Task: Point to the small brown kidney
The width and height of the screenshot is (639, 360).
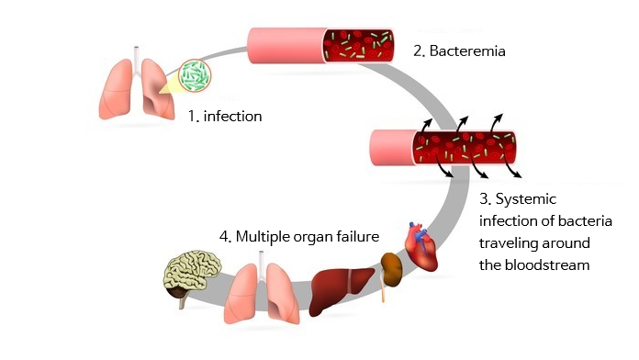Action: tap(392, 266)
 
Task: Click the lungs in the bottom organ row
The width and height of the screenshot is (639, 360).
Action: tap(265, 288)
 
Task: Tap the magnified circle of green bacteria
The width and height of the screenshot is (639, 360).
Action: tap(194, 76)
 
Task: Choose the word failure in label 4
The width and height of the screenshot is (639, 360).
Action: tap(356, 236)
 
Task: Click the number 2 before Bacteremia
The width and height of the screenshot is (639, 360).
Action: tap(418, 51)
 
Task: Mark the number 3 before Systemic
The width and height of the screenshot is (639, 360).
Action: tap(485, 199)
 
